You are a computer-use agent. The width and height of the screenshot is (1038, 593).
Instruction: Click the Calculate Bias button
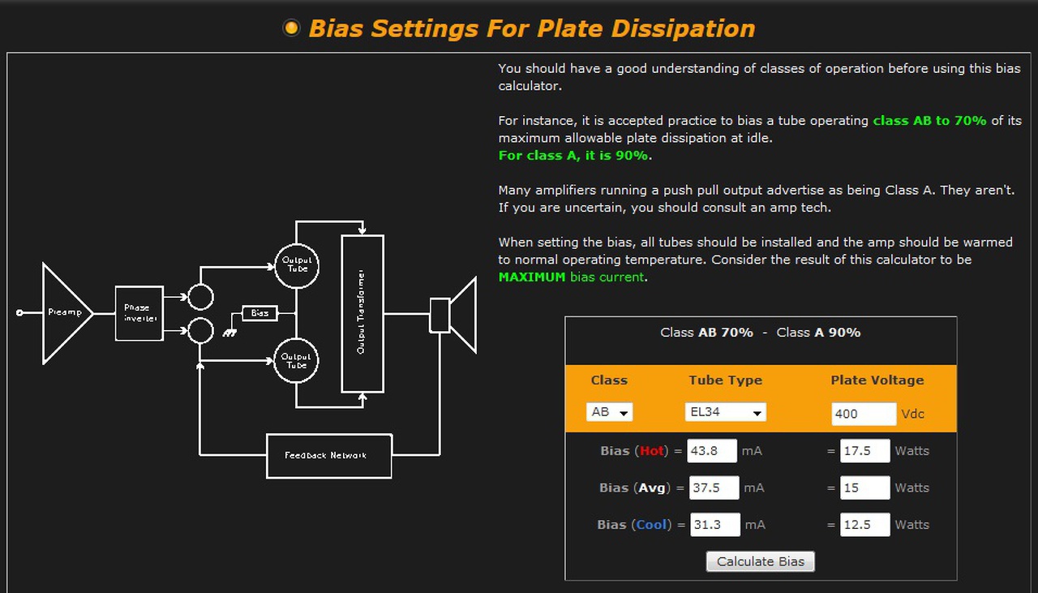[x=760, y=561]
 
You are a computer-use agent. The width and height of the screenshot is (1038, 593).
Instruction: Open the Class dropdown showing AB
[x=609, y=412]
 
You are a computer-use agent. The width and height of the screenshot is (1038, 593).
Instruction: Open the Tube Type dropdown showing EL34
[x=725, y=412]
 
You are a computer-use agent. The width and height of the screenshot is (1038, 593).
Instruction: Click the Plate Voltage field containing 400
[x=864, y=414]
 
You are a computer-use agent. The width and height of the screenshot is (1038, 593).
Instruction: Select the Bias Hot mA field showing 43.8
[x=712, y=451]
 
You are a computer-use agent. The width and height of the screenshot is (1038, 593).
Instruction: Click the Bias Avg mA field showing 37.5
[x=714, y=488]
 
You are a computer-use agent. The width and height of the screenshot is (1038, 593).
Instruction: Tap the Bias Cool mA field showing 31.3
[x=715, y=524]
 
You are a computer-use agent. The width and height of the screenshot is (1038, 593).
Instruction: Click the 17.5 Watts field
[x=864, y=451]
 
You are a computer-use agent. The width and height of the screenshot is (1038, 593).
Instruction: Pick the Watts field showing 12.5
[x=864, y=524]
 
